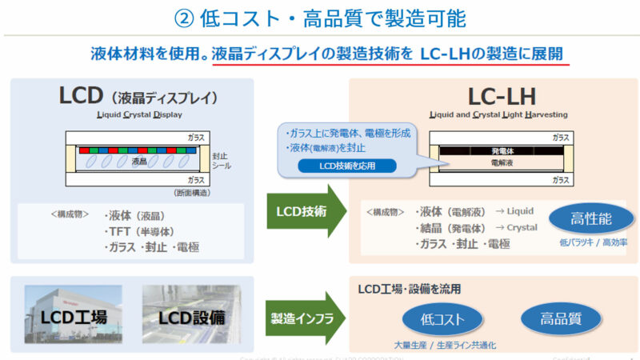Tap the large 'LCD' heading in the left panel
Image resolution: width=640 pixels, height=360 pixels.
79,96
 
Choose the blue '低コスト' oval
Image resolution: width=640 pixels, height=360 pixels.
443,319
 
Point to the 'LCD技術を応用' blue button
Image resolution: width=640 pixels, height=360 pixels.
346,166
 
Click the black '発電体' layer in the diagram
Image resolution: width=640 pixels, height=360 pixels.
502,150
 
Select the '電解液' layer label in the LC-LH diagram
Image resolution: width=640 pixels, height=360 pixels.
502,162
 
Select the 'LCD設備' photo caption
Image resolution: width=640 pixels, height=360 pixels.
190,317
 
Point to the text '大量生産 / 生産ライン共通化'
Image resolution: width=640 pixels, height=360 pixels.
445,345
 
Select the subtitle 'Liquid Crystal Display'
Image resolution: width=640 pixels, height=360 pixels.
134,114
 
